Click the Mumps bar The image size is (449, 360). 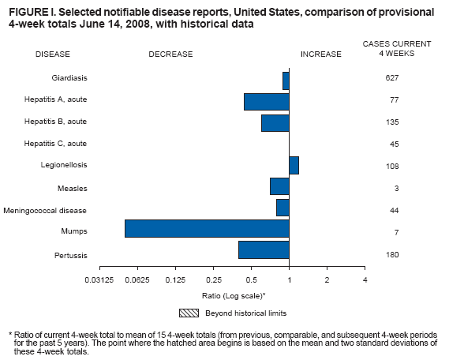pos(207,228)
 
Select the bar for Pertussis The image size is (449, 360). pos(264,250)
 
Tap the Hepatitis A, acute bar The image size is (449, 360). pos(267,102)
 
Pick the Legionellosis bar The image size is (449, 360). pos(294,165)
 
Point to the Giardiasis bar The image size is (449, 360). pos(286,80)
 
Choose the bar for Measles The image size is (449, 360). pos(279,186)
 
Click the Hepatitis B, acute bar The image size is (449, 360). pos(275,123)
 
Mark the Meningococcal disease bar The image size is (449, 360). pos(282,208)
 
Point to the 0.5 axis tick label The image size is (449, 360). pos(252,280)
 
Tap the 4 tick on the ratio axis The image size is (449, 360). pos(365,280)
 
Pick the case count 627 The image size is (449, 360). pos(392,78)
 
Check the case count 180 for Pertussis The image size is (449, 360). pos(392,255)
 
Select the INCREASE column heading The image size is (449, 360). pos(321,54)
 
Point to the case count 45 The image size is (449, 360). pos(392,144)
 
